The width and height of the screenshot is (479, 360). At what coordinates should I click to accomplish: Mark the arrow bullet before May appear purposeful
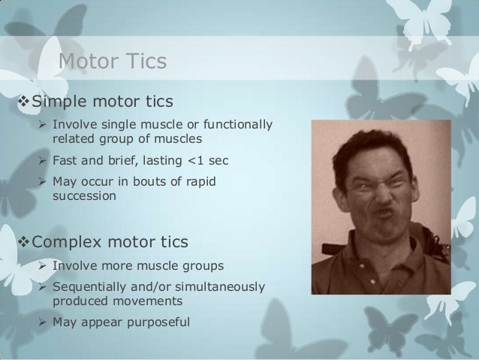tap(42, 322)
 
